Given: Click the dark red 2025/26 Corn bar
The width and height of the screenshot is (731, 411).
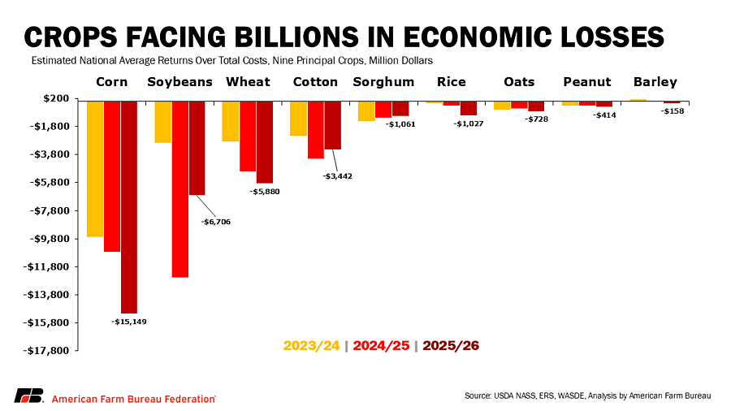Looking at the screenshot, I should pos(129,206).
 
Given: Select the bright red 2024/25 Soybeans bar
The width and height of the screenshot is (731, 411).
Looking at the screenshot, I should pos(180,188).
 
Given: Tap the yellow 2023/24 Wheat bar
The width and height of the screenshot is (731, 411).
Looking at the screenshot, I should pos(231,121).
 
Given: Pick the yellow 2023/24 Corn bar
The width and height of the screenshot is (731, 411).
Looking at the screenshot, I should pos(95,168).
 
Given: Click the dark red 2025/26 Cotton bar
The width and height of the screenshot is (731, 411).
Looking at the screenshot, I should pos(333,125).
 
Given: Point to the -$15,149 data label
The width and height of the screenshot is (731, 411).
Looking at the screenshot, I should pos(129,322).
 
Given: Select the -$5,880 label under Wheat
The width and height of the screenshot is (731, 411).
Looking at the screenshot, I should pos(265,192).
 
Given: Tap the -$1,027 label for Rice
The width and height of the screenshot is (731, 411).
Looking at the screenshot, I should pos(469,123).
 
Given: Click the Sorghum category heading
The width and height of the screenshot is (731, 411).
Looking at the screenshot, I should pos(383,82).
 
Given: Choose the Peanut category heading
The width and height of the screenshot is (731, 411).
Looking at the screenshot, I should pos(586,82).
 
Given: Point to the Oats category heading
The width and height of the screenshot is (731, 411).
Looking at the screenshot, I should pos(519,82).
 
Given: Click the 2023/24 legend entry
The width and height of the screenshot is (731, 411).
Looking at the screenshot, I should pos(311,345).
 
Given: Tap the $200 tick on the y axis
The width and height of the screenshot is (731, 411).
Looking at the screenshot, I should pos(58,98).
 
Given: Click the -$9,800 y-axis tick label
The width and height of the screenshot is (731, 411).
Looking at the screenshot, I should pos(51,239).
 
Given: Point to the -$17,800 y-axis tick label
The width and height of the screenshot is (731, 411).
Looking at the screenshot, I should pos(50,351).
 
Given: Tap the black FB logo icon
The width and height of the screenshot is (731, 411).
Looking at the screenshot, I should pos(28,396).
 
